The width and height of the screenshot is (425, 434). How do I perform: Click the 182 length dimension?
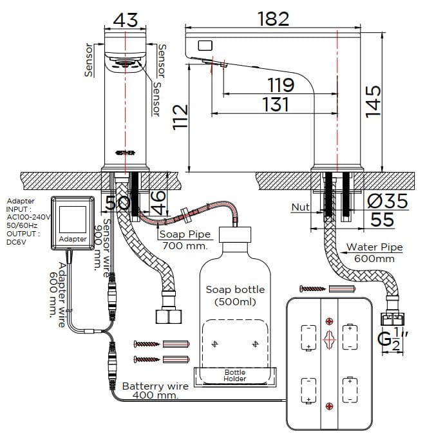(274, 19)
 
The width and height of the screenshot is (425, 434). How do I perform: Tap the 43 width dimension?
(125, 20)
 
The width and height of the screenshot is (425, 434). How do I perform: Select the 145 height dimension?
(373, 100)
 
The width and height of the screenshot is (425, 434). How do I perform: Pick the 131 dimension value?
(276, 104)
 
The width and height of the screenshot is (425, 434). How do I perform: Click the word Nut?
(300, 207)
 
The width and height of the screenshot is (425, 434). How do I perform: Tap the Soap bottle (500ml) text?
(234, 295)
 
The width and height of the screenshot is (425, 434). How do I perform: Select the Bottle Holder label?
(234, 375)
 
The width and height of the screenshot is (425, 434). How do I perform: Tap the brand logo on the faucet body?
(126, 153)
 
